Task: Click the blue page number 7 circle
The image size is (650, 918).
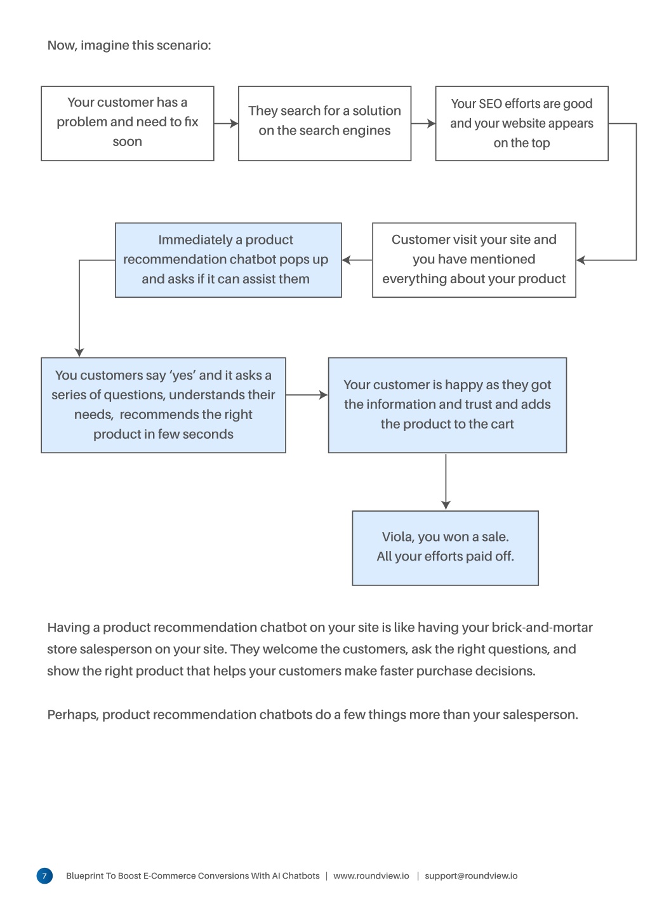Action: tap(44, 876)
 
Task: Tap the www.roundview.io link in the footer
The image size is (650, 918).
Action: tap(371, 876)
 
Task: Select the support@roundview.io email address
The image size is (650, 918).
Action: tap(471, 876)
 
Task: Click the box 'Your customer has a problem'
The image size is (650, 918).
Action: tap(128, 123)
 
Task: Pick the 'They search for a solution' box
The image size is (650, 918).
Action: tap(324, 123)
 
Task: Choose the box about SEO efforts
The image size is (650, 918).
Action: tap(522, 123)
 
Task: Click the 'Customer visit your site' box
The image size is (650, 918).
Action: tap(474, 260)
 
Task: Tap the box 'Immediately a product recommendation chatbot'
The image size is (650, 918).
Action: tap(229, 260)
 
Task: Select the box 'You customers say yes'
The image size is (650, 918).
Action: tap(163, 405)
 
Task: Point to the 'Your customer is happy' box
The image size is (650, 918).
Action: tap(447, 405)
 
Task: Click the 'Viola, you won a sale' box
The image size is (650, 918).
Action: tap(445, 548)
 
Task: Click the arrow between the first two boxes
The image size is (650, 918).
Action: tap(226, 123)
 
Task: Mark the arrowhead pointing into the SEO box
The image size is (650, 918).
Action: tap(431, 123)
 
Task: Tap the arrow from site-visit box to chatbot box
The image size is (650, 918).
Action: tap(357, 260)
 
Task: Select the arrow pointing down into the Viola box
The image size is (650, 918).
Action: tap(446, 482)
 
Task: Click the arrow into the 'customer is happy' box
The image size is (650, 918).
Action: tap(307, 395)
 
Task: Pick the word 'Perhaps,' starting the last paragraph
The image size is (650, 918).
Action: tap(73, 715)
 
